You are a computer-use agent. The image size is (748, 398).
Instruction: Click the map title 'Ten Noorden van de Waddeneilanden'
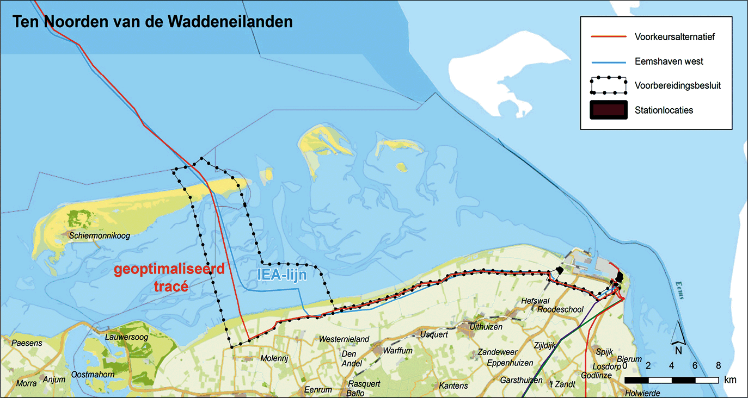(x=153, y=22)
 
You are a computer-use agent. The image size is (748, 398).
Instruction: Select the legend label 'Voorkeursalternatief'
(x=674, y=37)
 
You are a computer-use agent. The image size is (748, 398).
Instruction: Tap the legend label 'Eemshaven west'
(x=669, y=61)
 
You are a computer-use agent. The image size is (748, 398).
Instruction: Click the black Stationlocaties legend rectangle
(x=608, y=109)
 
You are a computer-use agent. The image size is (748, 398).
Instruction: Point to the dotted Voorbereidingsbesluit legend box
(x=608, y=85)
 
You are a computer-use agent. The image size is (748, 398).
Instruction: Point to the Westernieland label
(x=344, y=339)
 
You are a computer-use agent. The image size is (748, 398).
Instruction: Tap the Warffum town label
(x=397, y=351)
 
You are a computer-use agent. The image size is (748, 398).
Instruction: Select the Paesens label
(x=26, y=343)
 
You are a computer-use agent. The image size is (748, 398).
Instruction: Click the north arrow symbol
(x=679, y=333)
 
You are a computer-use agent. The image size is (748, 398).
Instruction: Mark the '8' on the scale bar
(x=719, y=365)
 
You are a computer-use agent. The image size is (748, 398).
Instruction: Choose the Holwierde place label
(x=642, y=393)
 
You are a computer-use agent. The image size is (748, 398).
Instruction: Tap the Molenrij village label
(x=274, y=359)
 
